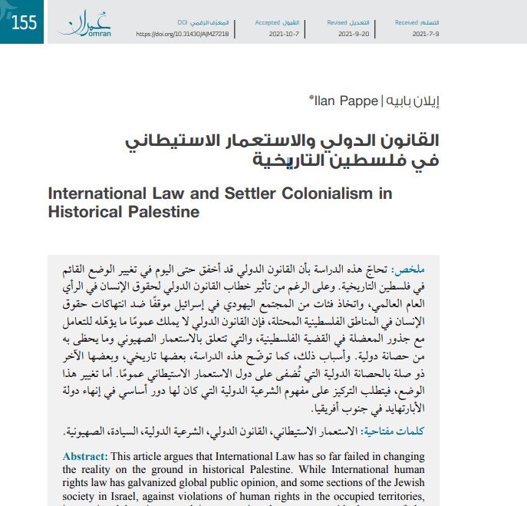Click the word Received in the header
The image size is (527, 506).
click(x=407, y=23)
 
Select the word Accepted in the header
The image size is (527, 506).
click(x=268, y=23)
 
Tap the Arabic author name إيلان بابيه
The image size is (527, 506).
click(x=413, y=100)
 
